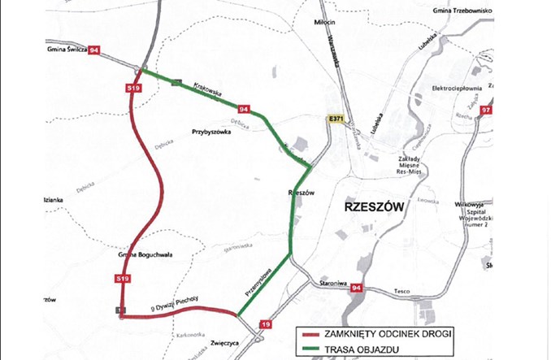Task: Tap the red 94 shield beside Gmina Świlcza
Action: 96,50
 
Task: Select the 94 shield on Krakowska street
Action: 243,108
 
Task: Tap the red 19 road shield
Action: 265,325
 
